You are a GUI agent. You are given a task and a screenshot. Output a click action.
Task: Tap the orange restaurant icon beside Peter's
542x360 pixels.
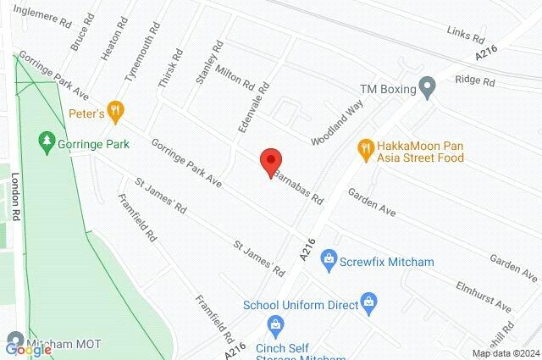point(117,111)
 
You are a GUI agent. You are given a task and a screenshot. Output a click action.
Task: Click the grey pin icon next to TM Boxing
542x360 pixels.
point(428,87)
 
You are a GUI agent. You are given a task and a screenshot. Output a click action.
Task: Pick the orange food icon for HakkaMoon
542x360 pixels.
point(366,147)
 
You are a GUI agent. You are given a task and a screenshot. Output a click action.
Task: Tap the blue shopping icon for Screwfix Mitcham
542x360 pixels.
point(329,258)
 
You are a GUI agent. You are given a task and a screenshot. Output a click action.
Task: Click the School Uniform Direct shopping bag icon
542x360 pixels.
point(368,300)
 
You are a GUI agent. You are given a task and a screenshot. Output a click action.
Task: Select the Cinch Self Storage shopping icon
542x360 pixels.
point(275,324)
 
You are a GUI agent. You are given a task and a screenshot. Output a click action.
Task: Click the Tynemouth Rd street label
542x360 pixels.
point(141,53)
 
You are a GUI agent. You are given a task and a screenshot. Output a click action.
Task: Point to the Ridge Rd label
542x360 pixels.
point(475,81)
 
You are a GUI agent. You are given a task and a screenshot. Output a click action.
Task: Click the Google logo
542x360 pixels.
point(16,346)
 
